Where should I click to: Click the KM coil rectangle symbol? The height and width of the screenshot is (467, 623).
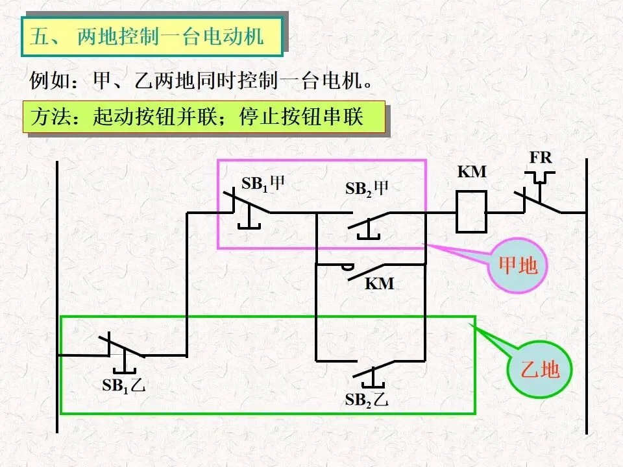click(471, 211)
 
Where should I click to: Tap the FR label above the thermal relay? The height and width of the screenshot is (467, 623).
click(541, 158)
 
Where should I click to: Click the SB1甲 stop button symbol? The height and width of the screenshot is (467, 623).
click(247, 208)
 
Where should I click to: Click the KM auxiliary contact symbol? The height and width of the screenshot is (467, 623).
click(365, 271)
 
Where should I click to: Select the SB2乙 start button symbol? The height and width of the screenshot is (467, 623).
click(374, 374)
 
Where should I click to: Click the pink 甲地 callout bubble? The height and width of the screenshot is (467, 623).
click(517, 265)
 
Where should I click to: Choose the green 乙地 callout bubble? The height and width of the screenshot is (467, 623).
click(539, 370)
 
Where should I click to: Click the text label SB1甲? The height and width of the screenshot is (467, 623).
click(263, 184)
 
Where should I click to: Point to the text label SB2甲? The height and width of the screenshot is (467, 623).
click(367, 188)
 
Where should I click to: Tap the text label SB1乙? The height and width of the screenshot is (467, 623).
click(124, 385)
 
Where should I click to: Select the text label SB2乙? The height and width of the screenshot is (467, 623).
click(367, 400)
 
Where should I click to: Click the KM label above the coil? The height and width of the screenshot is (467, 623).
click(472, 171)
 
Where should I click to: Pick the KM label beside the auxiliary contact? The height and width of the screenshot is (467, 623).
click(380, 283)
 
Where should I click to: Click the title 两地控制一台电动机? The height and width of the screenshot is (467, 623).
click(170, 36)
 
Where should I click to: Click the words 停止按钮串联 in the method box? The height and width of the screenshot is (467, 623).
click(302, 117)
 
